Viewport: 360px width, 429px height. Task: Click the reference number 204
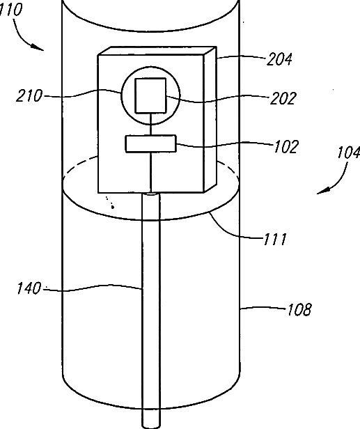279,59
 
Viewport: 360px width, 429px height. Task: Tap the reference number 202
283,98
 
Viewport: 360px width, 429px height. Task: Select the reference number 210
29,96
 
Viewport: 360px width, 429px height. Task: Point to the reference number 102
285,147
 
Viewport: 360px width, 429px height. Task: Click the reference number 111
275,239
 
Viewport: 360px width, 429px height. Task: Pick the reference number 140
29,288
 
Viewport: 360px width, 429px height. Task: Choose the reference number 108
299,310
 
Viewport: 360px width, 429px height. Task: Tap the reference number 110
10,10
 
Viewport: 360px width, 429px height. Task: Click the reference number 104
349,153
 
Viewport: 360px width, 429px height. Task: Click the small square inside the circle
150,95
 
